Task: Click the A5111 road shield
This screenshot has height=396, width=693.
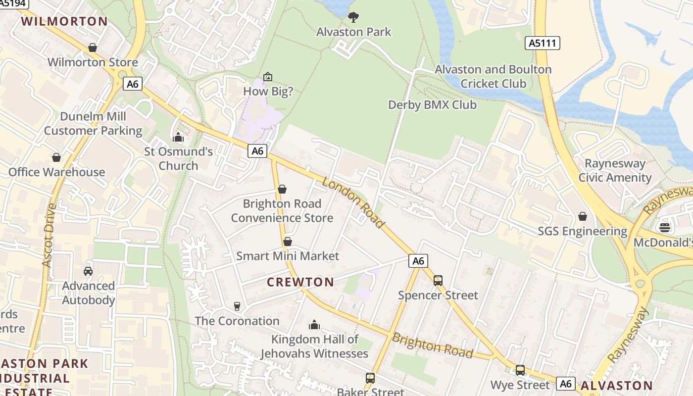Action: point(542,43)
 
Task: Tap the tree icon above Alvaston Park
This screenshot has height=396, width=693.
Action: point(353,17)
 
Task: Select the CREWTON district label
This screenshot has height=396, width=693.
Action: point(300,282)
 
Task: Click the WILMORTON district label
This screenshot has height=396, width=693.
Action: point(64,21)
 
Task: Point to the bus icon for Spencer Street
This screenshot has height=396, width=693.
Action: point(438,281)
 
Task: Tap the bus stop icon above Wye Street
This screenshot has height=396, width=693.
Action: point(520,370)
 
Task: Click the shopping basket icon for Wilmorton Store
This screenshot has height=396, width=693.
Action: point(92,48)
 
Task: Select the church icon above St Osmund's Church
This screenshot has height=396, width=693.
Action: point(178,137)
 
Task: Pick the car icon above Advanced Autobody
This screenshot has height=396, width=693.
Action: point(88,271)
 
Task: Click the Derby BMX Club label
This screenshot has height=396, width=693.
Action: point(432,105)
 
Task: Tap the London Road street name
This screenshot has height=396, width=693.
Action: point(353,203)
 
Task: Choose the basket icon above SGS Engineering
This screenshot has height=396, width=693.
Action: point(583,217)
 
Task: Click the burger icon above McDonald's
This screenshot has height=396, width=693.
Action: point(664,228)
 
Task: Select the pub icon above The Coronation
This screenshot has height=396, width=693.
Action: point(237,306)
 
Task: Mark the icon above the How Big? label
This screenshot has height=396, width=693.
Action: point(268,77)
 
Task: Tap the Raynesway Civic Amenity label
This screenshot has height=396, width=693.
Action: point(615,170)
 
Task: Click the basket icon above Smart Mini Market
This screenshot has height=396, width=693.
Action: point(287,242)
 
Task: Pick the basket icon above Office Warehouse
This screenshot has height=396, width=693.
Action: point(56,157)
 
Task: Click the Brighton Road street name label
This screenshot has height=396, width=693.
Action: point(432,345)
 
